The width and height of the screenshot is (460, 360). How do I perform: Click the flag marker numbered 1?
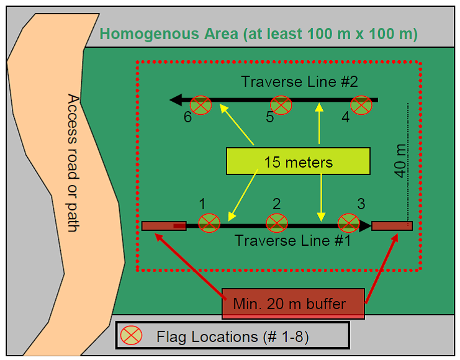[x=209, y=222]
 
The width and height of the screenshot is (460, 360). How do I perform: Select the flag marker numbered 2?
[x=276, y=222]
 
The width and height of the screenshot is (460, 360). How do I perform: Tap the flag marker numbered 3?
[x=348, y=222]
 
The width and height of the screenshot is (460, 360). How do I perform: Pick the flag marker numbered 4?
[x=361, y=105]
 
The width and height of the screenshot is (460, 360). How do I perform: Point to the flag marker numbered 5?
[x=281, y=105]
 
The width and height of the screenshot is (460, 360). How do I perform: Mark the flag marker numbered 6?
[x=200, y=106]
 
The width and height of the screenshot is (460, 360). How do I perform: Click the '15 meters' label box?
[x=298, y=163]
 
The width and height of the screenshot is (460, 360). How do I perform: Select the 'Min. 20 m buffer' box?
[x=293, y=304]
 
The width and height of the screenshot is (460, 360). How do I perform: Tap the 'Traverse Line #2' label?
[x=299, y=82]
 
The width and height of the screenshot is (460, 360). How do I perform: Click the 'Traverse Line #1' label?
[x=292, y=240]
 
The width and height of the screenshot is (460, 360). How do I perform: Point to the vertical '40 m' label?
[x=401, y=160]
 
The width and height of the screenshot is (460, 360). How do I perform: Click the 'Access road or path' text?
[x=73, y=163]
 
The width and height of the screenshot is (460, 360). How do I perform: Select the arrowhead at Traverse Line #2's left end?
[x=176, y=99]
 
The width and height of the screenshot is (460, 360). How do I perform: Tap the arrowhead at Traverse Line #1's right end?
[x=365, y=226]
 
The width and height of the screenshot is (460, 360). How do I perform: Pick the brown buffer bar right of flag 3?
[x=392, y=225]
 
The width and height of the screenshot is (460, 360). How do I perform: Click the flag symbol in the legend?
[x=131, y=336]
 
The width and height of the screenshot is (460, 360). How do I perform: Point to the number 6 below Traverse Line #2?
[x=187, y=118]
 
